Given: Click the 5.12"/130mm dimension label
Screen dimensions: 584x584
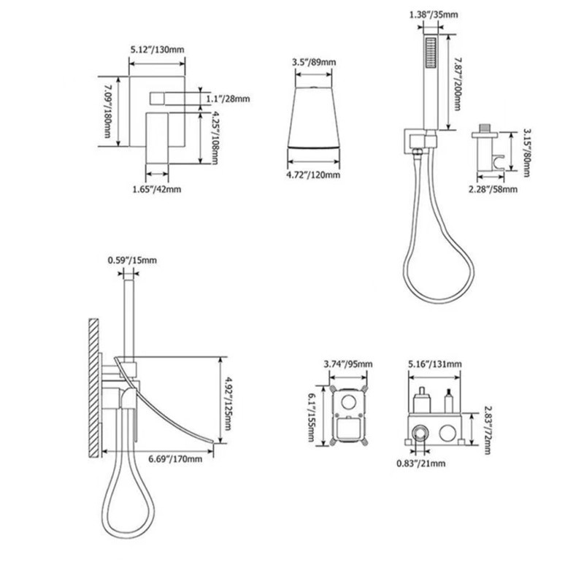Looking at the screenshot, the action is tap(157, 49).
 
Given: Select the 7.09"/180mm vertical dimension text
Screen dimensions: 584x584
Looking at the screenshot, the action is tap(107, 111).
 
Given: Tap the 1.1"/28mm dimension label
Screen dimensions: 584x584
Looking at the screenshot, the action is tap(228, 99).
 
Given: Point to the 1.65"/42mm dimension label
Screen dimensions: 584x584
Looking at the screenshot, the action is tap(157, 189).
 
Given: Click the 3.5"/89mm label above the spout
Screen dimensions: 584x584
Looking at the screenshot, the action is tap(314, 62).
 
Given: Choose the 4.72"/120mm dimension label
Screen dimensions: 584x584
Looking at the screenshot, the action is tap(313, 174).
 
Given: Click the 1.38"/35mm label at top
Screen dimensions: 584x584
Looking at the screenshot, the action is tap(434, 15).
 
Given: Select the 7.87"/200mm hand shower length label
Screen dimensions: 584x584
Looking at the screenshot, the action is tap(457, 84).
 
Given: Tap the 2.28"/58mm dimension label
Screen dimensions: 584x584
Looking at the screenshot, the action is tap(493, 189).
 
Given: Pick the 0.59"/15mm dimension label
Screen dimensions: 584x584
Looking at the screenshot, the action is tap(132, 260).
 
